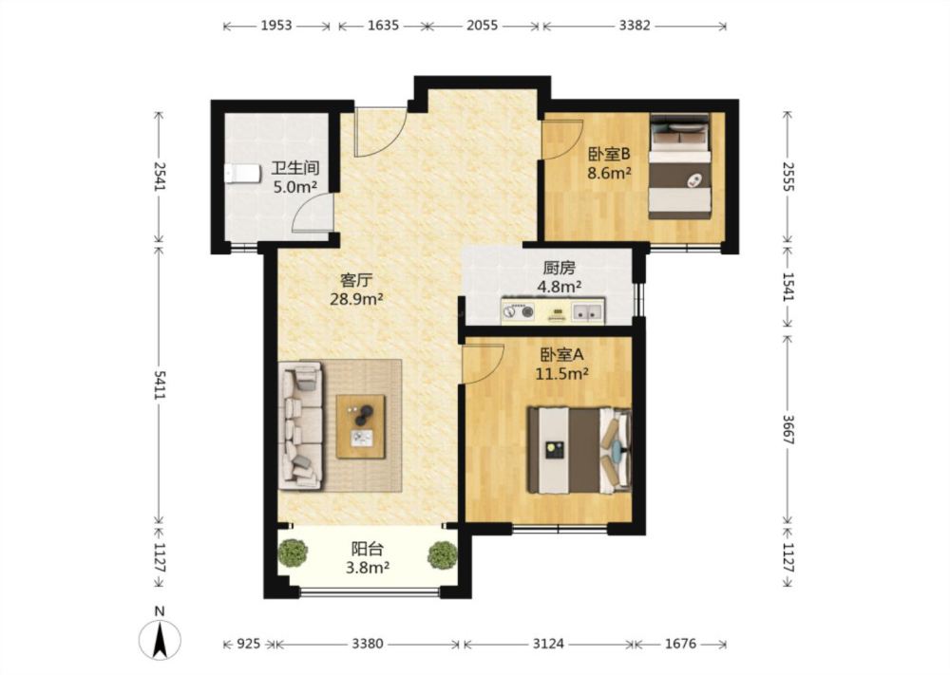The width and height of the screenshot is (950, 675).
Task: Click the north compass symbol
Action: tap(160, 639)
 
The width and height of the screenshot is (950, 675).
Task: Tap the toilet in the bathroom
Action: tap(241, 173)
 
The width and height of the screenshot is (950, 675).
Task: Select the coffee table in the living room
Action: tap(361, 426)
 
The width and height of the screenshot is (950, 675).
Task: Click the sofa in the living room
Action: tap(301, 425)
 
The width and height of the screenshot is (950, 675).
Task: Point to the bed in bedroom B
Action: tap(680, 166)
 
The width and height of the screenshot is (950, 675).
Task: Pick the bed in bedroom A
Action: tap(579, 449)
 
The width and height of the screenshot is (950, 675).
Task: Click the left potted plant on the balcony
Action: tap(294, 553)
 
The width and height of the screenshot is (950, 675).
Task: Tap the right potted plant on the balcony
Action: tap(443, 555)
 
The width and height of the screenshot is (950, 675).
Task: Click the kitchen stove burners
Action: tap(519, 311)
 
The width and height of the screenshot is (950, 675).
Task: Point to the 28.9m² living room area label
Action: tap(356, 298)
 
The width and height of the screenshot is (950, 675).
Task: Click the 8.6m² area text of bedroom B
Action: tap(610, 173)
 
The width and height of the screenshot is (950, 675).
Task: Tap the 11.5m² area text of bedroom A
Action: tap(561, 374)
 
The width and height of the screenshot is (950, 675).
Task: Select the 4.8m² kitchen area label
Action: tap(560, 287)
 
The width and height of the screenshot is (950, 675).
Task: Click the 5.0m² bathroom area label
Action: tap(295, 187)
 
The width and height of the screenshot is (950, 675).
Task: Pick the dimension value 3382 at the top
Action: tap(635, 26)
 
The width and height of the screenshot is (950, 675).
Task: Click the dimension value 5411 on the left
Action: tap(160, 384)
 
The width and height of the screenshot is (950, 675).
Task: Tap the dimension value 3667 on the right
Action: tap(788, 429)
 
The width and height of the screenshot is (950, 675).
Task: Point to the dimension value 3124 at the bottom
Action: tap(548, 644)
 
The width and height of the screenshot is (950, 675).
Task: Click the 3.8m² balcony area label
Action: tap(367, 568)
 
